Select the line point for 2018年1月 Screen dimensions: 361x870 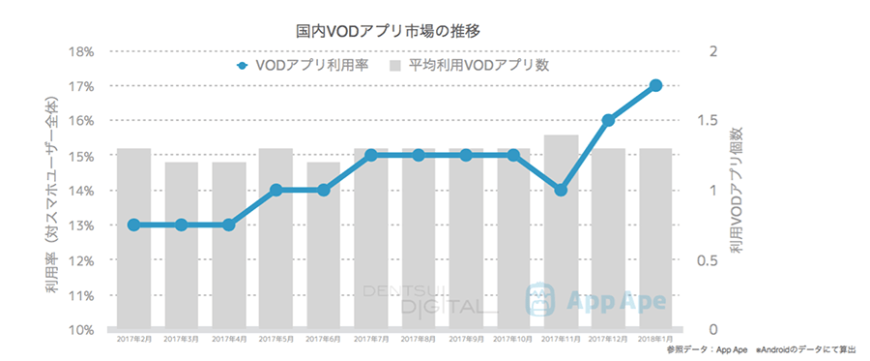(x=655, y=86)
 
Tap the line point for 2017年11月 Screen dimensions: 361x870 (x=561, y=190)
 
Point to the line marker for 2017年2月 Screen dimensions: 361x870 (x=133, y=225)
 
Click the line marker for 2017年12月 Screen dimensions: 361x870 (x=608, y=121)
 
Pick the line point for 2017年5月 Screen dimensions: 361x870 (x=275, y=190)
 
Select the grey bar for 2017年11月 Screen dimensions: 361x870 (x=561, y=261)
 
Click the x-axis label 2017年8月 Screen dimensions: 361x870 (x=419, y=340)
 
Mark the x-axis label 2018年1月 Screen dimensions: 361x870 (x=655, y=340)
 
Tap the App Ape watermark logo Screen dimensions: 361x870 (x=595, y=300)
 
